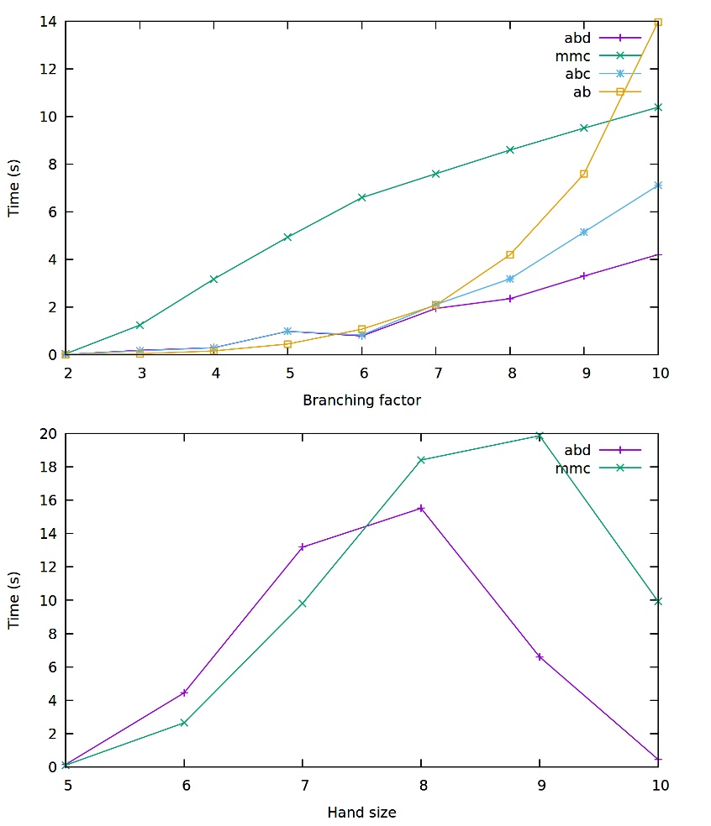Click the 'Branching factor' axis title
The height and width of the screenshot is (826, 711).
pos(361,400)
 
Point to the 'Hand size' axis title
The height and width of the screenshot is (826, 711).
pos(361,812)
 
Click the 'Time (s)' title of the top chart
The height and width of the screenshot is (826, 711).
pos(14,189)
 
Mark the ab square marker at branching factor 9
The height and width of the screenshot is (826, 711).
pos(584,174)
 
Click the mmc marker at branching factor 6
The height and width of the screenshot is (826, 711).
pos(361,197)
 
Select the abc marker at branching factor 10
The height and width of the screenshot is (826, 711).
pos(658,185)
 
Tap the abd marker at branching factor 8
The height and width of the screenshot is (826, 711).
pos(510,298)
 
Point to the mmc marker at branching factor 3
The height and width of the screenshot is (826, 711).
pos(140,324)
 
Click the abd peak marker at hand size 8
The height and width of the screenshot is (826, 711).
pos(421,508)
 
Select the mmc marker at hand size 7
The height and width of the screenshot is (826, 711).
pos(303,603)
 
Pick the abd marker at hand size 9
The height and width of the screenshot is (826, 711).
pos(540,656)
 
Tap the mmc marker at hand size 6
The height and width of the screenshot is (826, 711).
pos(184,722)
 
